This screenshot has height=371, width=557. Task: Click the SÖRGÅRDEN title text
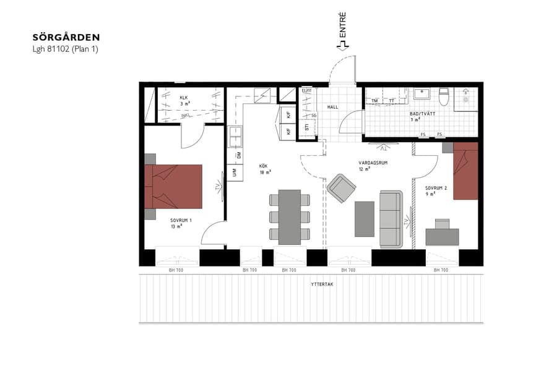(66, 38)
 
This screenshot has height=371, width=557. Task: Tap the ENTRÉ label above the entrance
(342, 28)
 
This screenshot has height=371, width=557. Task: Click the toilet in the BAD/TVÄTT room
(443, 96)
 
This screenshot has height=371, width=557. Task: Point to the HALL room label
(333, 107)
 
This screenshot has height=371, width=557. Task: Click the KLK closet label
(183, 98)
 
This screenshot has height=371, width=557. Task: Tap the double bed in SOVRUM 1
(173, 186)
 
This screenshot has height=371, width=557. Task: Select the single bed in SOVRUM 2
(466, 171)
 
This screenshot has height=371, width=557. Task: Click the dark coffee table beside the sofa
(365, 218)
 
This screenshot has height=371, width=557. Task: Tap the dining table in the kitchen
(289, 216)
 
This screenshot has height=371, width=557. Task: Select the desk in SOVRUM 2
(443, 235)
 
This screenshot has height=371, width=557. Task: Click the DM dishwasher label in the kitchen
(238, 156)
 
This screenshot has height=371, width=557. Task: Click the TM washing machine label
(374, 100)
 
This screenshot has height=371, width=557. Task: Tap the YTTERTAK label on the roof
(322, 284)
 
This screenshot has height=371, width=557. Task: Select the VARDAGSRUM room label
(373, 163)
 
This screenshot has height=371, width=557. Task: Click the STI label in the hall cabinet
(307, 127)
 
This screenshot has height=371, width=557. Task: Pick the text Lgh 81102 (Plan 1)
(65, 49)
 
